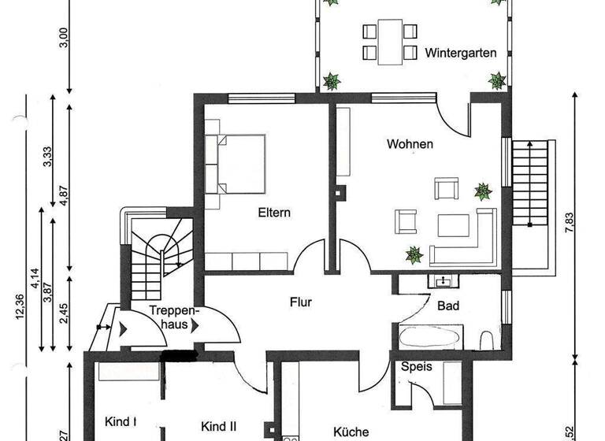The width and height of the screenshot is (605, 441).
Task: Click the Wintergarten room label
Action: (461, 54)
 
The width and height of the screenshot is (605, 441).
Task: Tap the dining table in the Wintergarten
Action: (388, 43)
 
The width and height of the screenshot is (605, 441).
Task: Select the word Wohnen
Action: (410, 144)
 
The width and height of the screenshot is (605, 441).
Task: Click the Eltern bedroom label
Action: (274, 213)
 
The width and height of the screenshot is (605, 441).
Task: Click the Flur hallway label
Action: (302, 301)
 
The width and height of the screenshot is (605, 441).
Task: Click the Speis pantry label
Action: (417, 367)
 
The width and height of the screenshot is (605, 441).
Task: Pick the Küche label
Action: (351, 432)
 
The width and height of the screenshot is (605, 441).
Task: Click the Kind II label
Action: (219, 426)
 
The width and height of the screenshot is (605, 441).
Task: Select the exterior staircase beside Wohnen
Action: (529, 183)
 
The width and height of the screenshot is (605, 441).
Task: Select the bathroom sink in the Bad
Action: (441, 280)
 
